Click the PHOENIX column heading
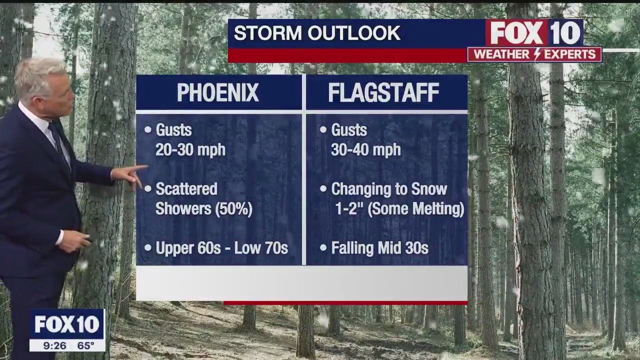[218, 93]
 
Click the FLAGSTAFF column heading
[383, 93]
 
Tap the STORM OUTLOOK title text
[317, 33]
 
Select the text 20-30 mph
[190, 150]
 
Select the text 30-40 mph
[365, 150]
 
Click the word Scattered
[186, 189]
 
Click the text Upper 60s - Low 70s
[221, 248]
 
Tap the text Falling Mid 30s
[379, 248]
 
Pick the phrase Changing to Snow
[389, 189]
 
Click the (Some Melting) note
[416, 209]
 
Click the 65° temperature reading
[85, 345]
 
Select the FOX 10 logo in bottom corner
[66, 324]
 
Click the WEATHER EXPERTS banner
[534, 54]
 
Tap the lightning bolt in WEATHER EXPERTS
[537, 54]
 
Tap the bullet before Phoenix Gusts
[148, 130]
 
